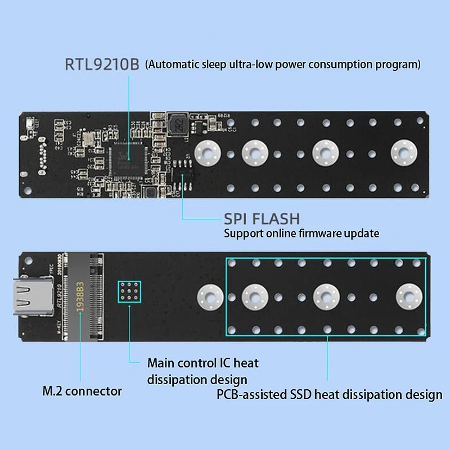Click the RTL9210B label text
tap(101, 64)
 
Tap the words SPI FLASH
tap(262, 219)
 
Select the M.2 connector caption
tap(82, 390)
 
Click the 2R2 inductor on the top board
tap(179, 123)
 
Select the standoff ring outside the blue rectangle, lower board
tap(209, 296)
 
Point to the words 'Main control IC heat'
tap(202, 363)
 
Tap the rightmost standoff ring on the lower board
tap(407, 296)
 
